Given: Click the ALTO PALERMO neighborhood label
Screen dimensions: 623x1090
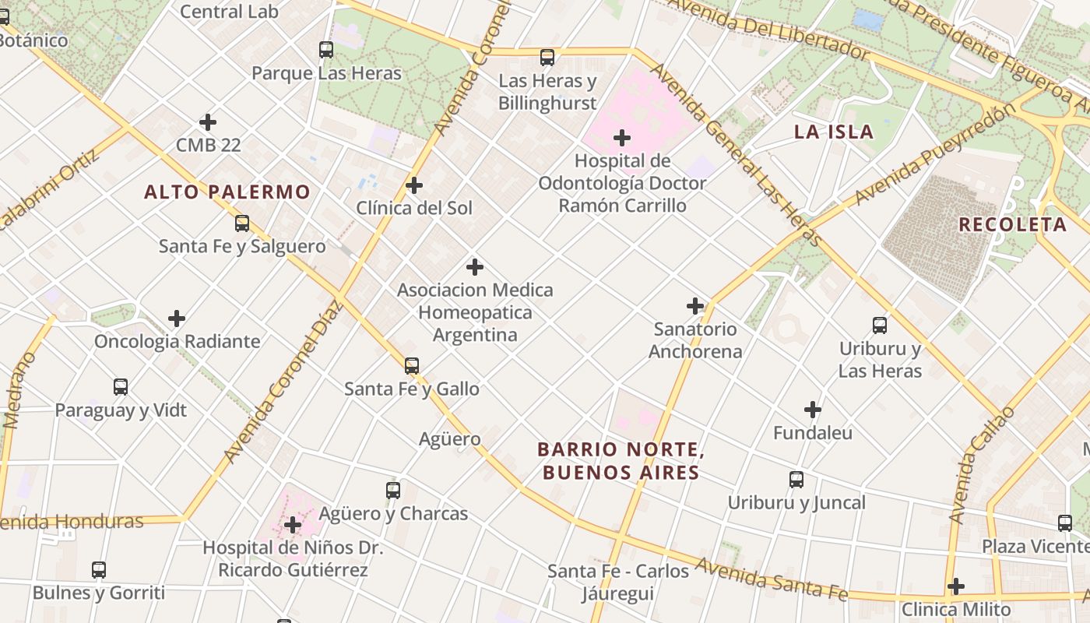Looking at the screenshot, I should point(227,192).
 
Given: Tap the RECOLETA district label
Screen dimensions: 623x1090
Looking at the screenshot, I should point(1012,224).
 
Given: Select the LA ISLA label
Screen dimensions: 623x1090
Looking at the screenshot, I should point(834,132).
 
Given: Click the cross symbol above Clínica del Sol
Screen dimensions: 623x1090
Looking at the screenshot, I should point(414,185).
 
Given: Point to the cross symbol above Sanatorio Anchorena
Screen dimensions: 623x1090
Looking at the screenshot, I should point(695,306).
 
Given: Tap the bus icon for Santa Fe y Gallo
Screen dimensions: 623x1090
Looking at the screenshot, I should point(412,365).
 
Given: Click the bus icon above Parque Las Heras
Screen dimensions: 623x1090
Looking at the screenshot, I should point(326,50).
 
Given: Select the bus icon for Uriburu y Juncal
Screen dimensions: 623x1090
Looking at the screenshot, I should point(796,480).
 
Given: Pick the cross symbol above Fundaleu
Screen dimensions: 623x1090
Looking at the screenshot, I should point(813,410).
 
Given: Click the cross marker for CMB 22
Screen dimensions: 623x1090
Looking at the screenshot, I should point(208,122).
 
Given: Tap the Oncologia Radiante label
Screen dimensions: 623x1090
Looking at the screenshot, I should point(177,341).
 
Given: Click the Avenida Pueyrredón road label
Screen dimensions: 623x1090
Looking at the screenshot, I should point(934,154).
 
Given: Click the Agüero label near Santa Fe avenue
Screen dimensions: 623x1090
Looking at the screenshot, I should point(450,439).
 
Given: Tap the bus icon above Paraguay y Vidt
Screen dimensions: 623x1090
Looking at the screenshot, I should point(121,387).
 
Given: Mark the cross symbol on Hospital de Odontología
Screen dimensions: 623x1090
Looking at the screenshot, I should point(622,139).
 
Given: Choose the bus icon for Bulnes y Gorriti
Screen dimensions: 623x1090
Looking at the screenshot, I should point(99,569).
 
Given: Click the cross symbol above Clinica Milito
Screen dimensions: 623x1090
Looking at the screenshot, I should point(956,586).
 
